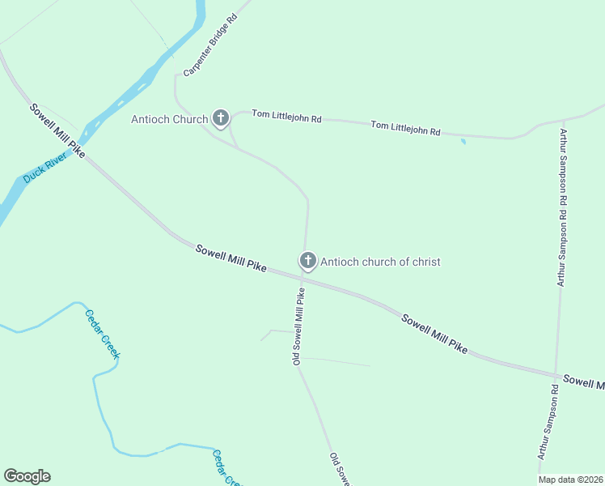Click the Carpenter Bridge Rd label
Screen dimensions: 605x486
pos(209,45)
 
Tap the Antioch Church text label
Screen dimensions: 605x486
pos(169,120)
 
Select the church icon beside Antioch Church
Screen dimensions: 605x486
pos(221,118)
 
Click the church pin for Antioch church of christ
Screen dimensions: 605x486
pos(307,261)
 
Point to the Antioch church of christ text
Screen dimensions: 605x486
pos(380,262)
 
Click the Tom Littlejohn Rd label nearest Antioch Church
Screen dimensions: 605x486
pos(286,117)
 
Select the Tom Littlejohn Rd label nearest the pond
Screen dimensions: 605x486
pos(405,127)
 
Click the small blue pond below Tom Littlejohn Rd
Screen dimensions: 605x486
pos(463,142)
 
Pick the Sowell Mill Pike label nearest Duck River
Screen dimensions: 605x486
pos(57,130)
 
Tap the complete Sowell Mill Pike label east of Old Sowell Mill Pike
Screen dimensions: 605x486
pos(434,332)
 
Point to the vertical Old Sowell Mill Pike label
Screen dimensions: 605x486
pos(298,326)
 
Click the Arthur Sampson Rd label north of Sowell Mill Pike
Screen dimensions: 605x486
pos(561,207)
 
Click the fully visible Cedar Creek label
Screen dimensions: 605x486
pos(103,334)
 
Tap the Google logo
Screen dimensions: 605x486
pos(27,476)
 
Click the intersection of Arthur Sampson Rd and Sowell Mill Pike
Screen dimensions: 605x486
pos(556,376)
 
